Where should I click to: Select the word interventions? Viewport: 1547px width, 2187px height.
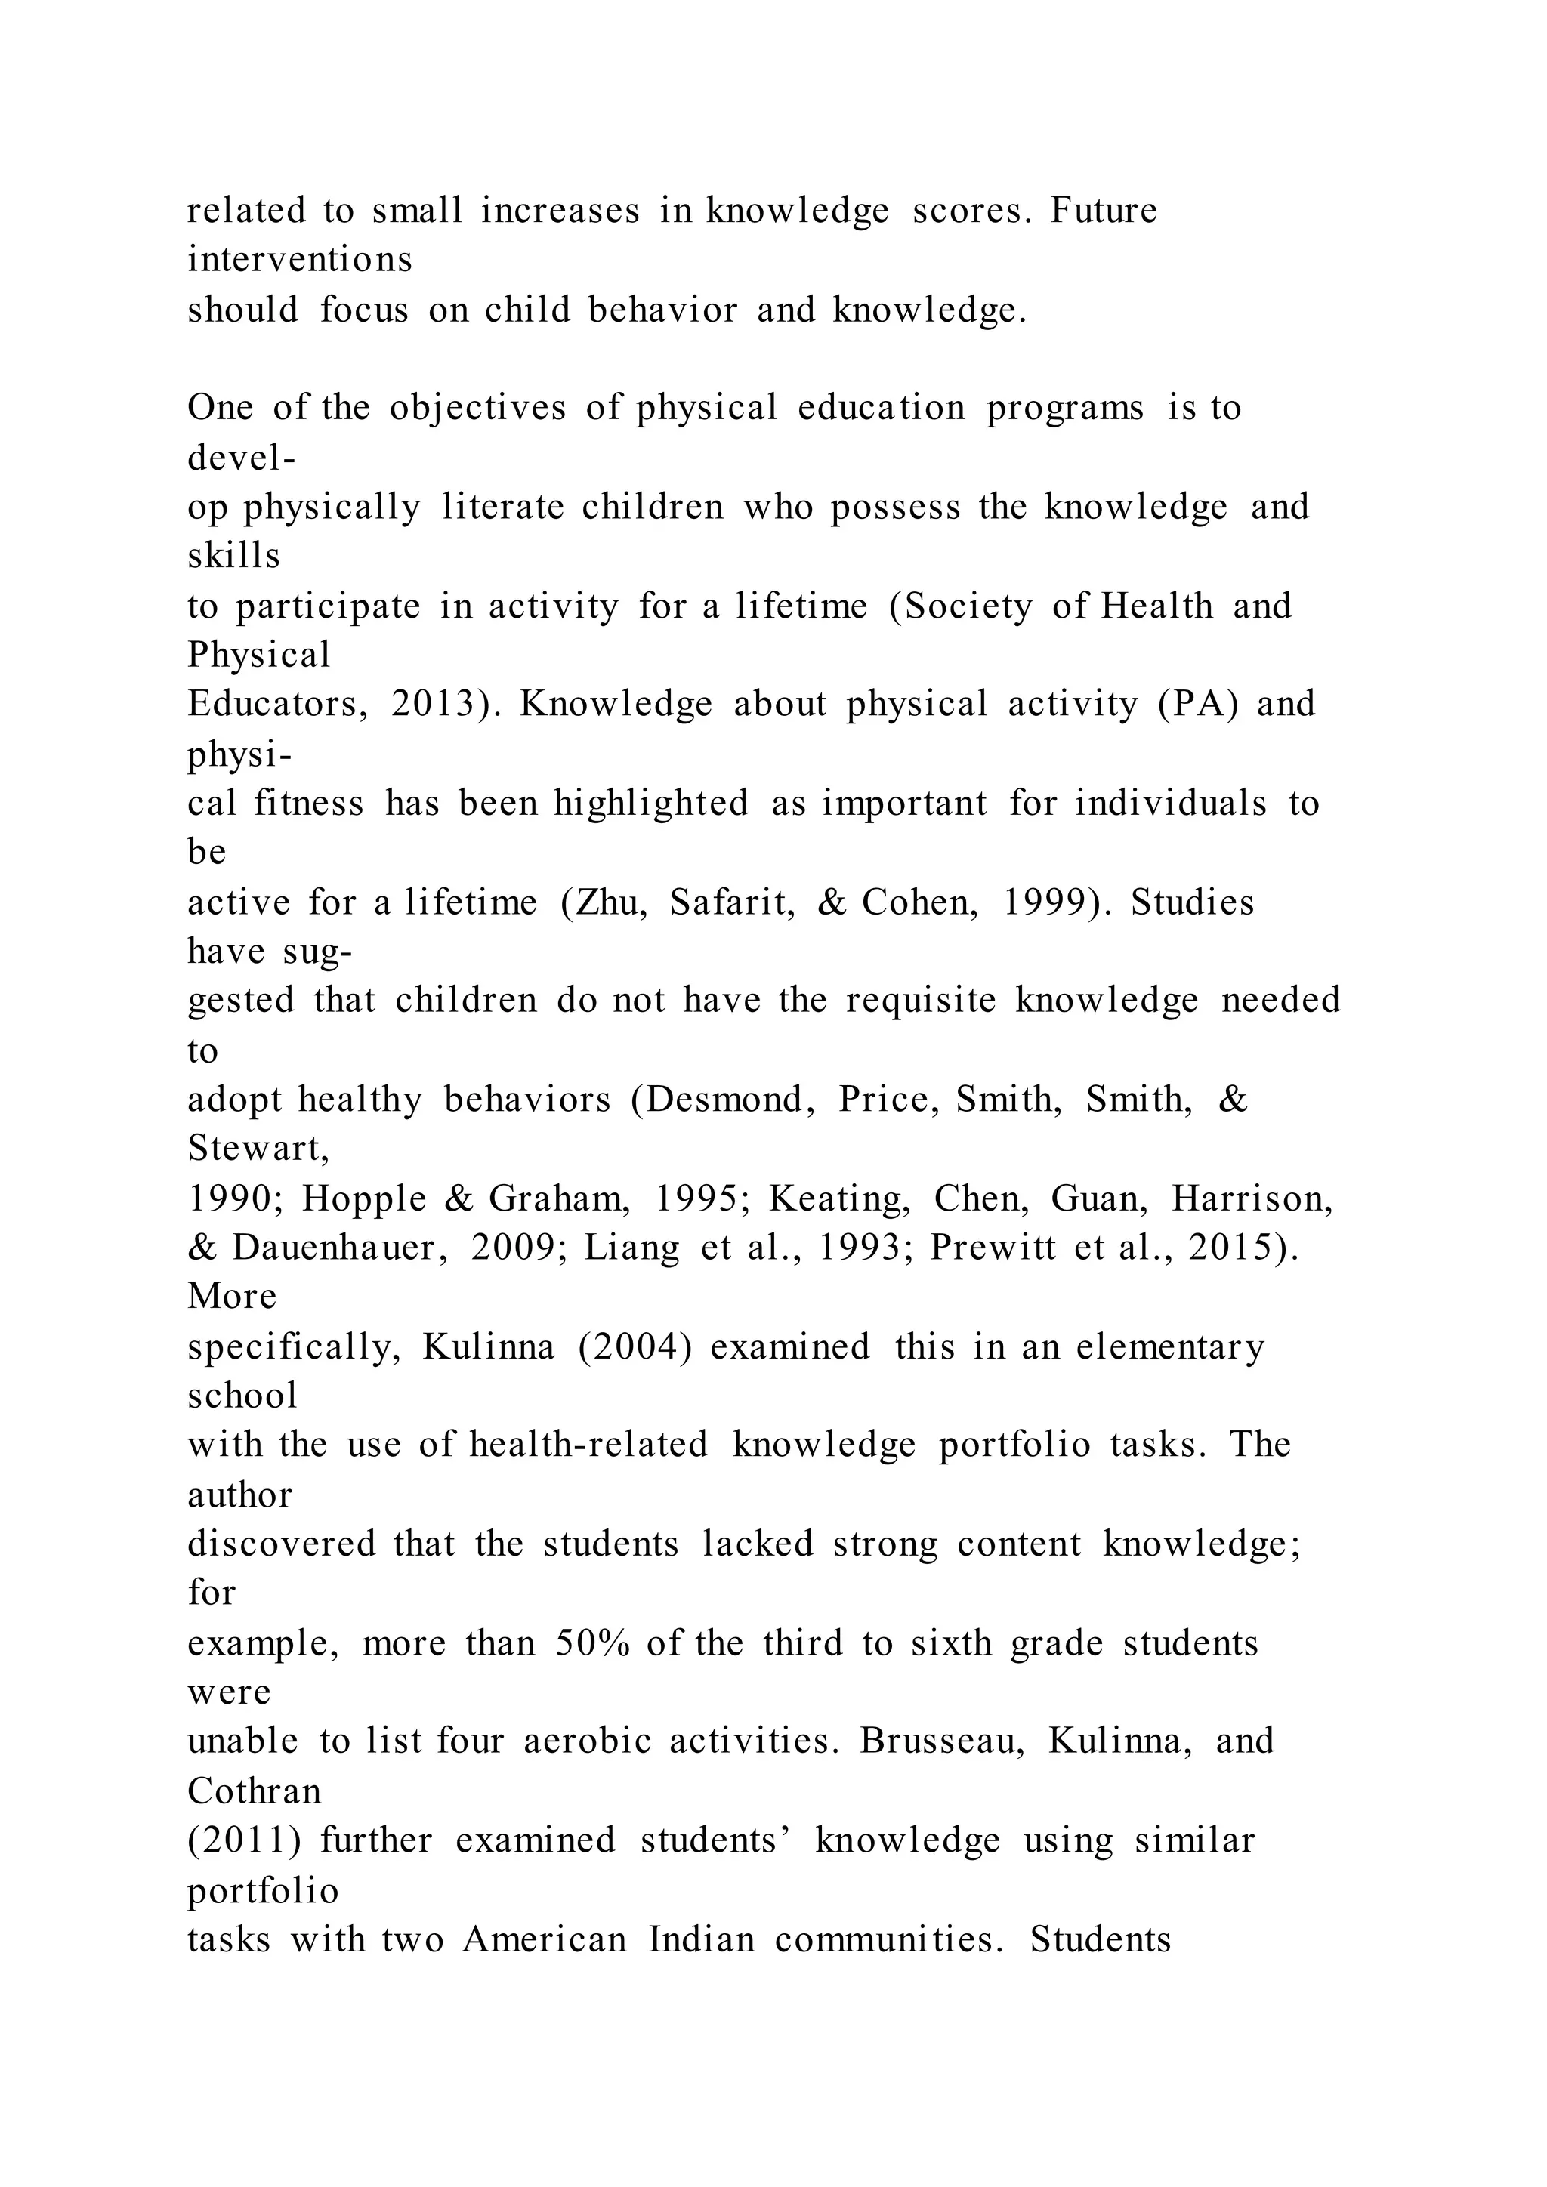click(x=300, y=260)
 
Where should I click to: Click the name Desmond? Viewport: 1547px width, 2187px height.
click(x=723, y=1100)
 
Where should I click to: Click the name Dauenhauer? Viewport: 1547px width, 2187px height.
click(x=341, y=1248)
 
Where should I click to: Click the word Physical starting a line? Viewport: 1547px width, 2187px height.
click(x=259, y=655)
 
